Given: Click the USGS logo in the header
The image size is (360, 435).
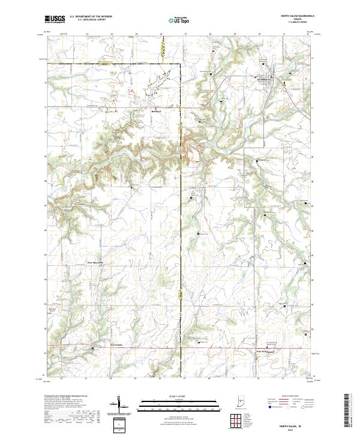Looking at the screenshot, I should [56, 20].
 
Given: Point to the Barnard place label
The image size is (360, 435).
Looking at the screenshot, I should [157, 110].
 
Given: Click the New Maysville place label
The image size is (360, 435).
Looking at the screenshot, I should [97, 262].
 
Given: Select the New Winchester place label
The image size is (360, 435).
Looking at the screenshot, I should [265, 351].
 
